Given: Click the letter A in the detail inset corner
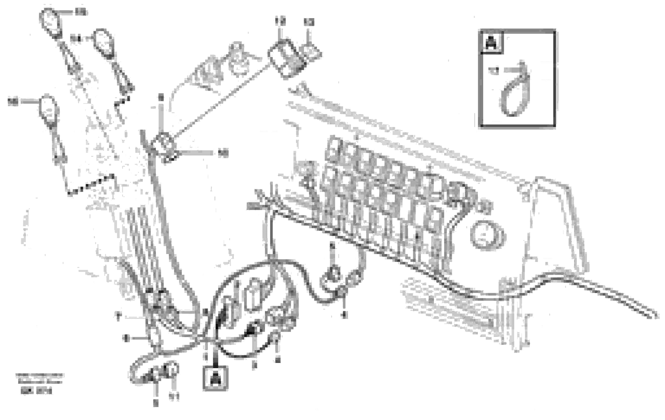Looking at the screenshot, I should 491,43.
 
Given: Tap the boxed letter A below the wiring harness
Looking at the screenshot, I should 215,378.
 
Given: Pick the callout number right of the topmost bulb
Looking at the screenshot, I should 81,12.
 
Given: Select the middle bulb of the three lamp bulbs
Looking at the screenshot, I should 103,43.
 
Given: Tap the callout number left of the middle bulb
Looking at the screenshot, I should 75,39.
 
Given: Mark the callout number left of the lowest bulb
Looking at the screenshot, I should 13,102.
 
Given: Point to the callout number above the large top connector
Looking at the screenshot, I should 280,21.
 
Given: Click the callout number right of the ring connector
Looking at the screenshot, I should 223,153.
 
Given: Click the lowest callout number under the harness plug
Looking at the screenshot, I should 156,403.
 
